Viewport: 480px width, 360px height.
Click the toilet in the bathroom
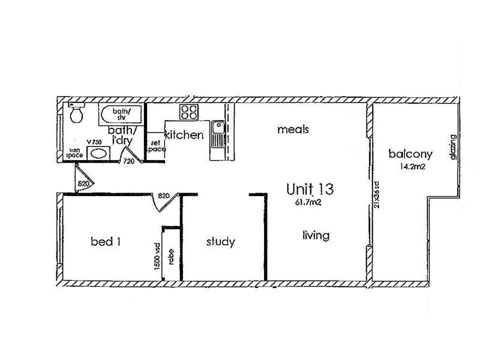77,113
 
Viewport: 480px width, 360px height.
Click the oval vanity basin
97,153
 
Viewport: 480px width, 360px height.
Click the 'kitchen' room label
184,135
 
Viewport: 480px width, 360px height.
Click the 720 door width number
128,162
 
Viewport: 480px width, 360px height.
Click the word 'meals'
293,129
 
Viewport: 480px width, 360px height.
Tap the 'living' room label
316,235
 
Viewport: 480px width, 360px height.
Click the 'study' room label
220,242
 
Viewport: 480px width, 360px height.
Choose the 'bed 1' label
106,242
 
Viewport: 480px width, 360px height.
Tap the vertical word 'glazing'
454,147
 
